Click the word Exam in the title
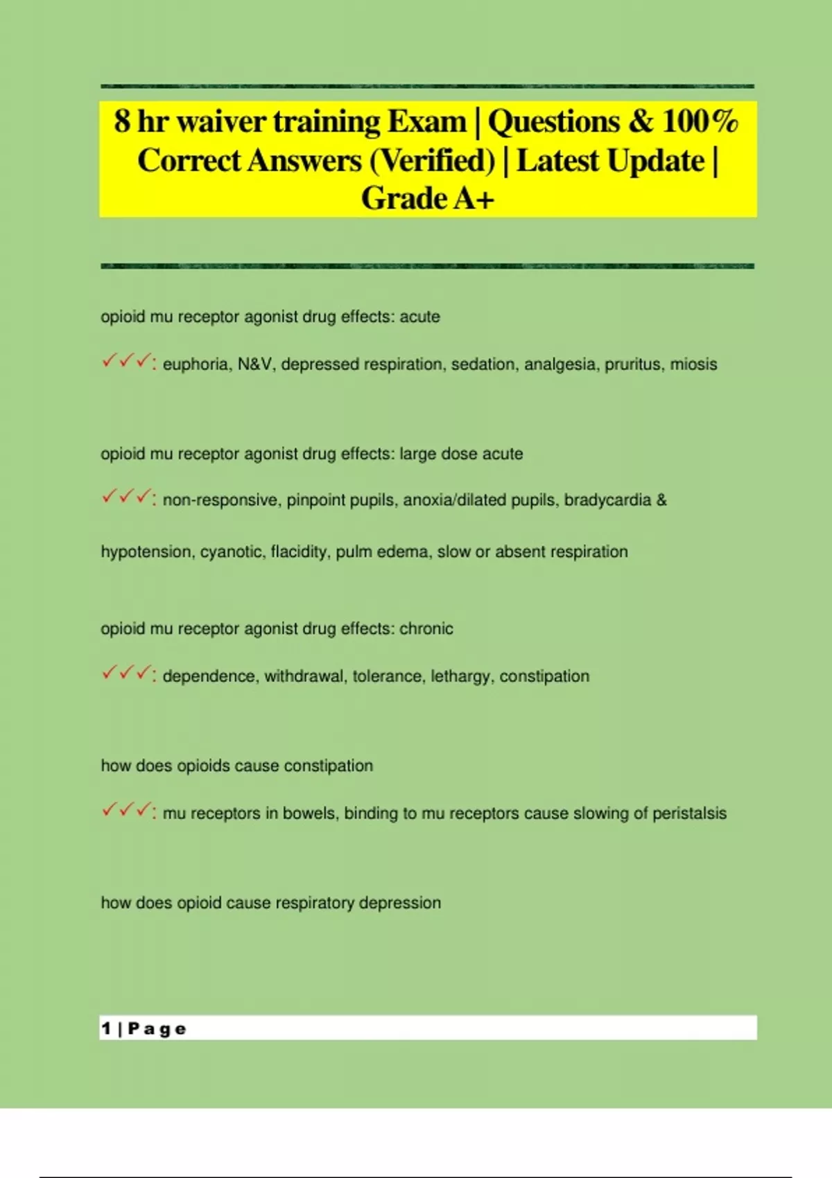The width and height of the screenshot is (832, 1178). click(x=426, y=122)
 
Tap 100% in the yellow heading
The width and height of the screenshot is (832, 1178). click(x=700, y=122)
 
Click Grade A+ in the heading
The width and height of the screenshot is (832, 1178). click(x=428, y=199)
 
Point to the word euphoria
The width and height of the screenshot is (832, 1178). click(x=196, y=364)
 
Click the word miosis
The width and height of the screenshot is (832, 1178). click(x=693, y=364)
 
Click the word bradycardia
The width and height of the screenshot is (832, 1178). click(x=607, y=500)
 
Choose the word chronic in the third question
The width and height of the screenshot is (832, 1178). click(x=426, y=629)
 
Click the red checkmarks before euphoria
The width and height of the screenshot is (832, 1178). click(x=126, y=362)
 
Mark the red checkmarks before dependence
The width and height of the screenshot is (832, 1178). click(x=126, y=674)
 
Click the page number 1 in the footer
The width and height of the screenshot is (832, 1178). click(x=106, y=1029)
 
